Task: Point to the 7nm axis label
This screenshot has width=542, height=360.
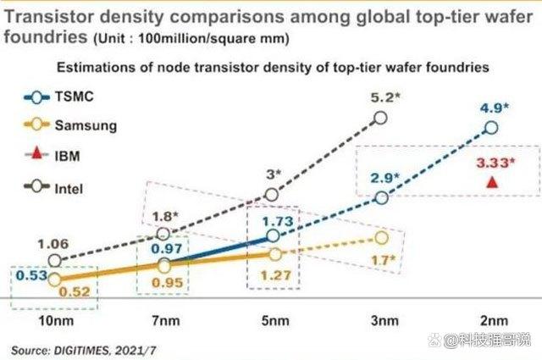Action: [x=166, y=320]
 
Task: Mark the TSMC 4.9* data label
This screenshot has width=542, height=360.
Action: [x=494, y=108]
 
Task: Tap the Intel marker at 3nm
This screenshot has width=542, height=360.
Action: [x=380, y=118]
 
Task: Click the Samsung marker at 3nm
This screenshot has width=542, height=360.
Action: [x=380, y=238]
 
